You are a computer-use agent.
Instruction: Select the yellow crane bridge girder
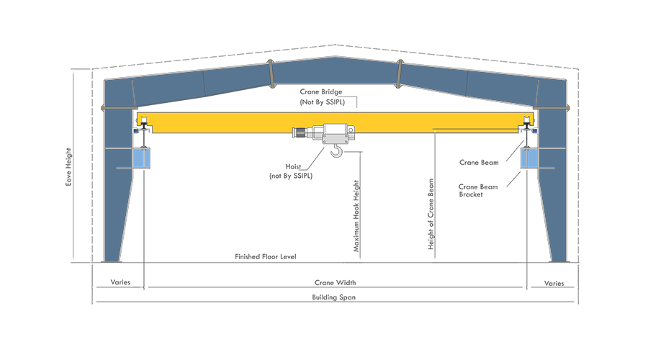[x=216, y=122]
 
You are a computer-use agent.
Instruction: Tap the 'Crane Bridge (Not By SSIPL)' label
[x=321, y=97]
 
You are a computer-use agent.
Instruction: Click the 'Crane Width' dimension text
[x=335, y=283]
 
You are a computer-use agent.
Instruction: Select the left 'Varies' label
[x=119, y=283]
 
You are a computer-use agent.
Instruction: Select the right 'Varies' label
[x=554, y=283]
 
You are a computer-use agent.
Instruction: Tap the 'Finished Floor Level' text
[x=266, y=256]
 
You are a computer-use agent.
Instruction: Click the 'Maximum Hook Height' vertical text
[x=355, y=216]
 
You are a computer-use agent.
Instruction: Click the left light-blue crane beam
[x=141, y=158]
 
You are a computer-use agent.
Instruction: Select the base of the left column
[x=112, y=258]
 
